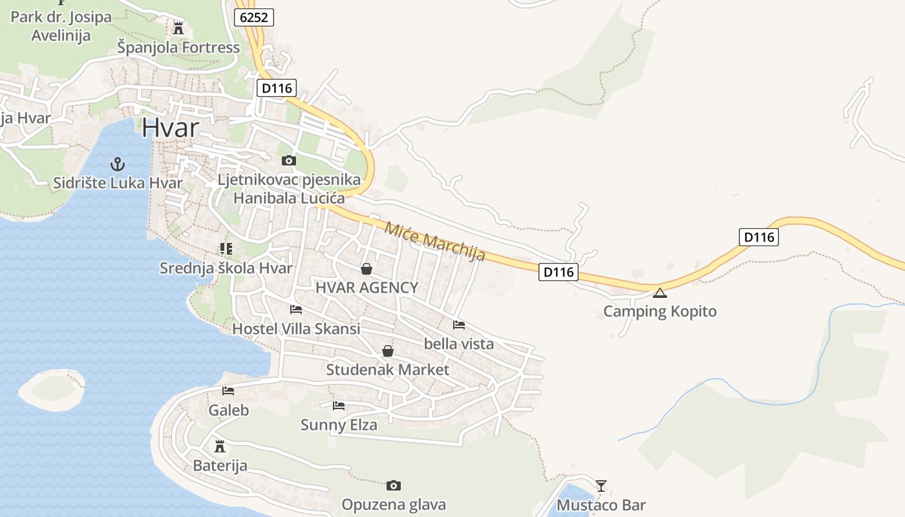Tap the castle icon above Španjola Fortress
[x=178, y=28]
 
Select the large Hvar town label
[x=170, y=127]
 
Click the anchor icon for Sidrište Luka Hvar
[x=117, y=164]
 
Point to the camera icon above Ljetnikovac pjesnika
[x=289, y=160]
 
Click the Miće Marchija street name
[x=434, y=241]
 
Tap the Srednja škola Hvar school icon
[x=226, y=248]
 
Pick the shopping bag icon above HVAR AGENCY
[x=367, y=269]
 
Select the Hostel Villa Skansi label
[x=296, y=328]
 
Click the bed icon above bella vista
[x=459, y=324]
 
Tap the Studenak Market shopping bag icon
[x=388, y=351]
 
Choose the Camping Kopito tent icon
[x=659, y=293]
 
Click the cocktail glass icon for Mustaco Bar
[x=601, y=485]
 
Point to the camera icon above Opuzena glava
[x=393, y=485]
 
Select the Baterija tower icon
[x=220, y=446]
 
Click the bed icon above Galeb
[x=228, y=391]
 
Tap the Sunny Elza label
[x=339, y=425]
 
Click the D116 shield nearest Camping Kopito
[x=559, y=272]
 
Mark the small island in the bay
[x=52, y=388]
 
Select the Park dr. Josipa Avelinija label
[x=61, y=26]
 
